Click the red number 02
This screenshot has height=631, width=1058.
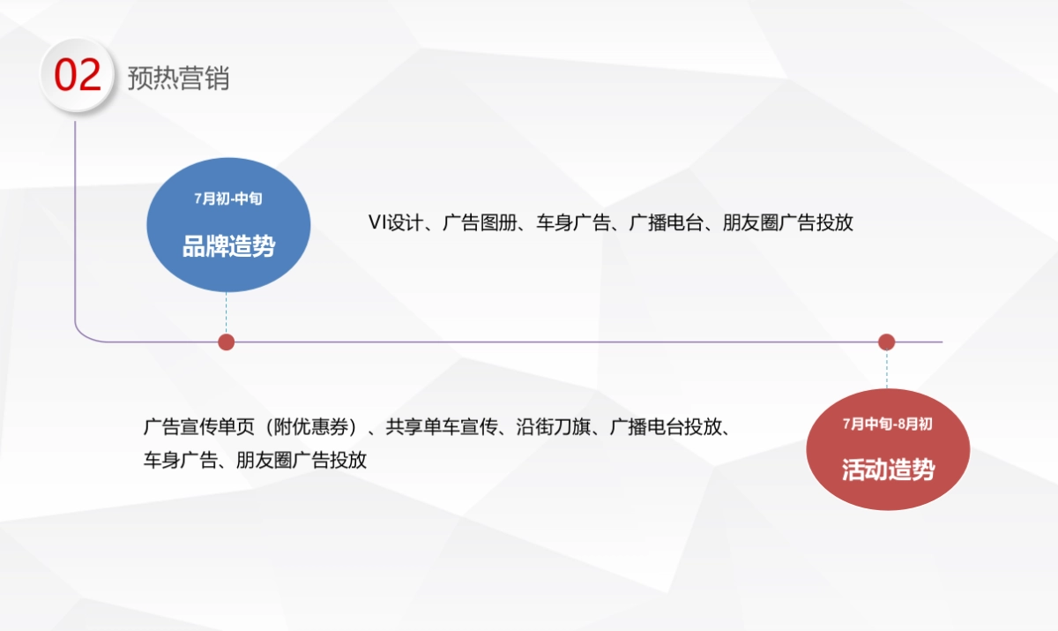point(78,76)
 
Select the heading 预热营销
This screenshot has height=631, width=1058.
point(178,78)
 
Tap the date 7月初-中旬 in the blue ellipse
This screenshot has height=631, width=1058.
point(228,199)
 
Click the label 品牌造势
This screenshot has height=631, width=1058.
point(228,247)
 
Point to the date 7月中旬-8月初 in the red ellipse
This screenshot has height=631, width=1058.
point(887,424)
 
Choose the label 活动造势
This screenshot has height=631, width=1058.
point(888,469)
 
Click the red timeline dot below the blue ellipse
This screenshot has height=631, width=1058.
point(227,342)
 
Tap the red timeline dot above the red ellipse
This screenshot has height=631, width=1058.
point(887,342)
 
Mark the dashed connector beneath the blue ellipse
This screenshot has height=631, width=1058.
point(227,313)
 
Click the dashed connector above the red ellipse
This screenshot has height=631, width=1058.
point(887,369)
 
